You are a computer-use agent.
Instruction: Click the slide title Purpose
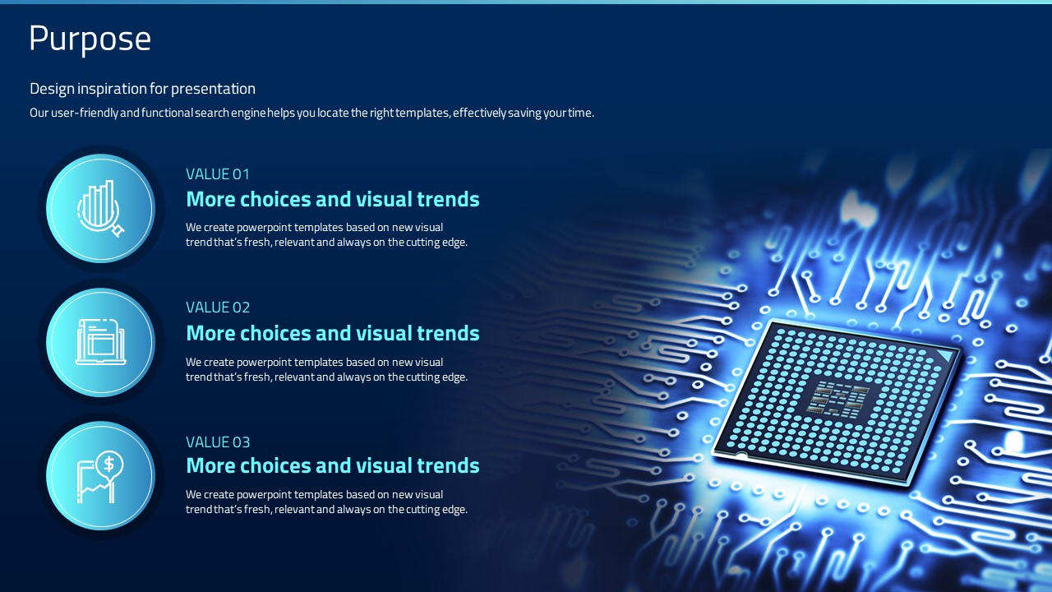tap(90, 39)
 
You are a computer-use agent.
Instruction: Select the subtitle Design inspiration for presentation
tap(142, 89)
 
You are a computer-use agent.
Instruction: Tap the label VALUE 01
tap(218, 174)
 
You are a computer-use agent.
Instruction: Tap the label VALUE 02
tap(218, 308)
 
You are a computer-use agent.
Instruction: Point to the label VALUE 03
tap(218, 442)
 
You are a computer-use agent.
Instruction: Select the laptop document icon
tap(101, 341)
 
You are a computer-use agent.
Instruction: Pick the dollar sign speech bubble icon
tap(100, 477)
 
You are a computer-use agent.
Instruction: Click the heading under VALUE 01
tap(333, 199)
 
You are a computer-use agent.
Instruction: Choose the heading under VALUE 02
tap(333, 333)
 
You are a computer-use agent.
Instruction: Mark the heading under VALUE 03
tap(333, 465)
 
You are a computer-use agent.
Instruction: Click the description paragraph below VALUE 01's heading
tap(326, 234)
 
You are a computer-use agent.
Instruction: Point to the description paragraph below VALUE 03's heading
tap(326, 502)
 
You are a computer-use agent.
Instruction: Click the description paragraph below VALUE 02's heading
tap(326, 369)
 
